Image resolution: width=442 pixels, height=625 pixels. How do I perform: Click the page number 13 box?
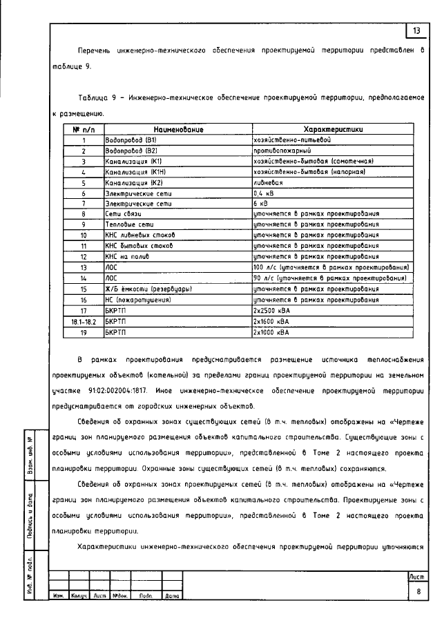416,31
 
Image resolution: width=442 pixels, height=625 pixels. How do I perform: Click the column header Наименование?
177,129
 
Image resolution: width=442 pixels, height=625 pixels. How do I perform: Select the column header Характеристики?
333,129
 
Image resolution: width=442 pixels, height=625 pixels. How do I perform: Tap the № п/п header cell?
83,129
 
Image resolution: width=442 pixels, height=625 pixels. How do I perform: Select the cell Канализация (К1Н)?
134,171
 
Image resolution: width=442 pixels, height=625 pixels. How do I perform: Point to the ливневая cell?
268,182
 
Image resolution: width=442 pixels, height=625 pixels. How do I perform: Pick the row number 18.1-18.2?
83,321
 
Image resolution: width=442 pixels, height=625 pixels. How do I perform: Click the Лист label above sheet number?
419,576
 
